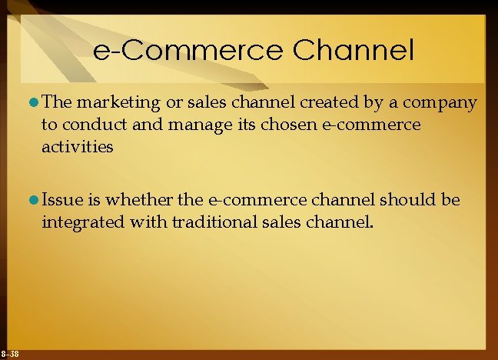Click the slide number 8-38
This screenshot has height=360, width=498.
(x=10, y=353)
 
